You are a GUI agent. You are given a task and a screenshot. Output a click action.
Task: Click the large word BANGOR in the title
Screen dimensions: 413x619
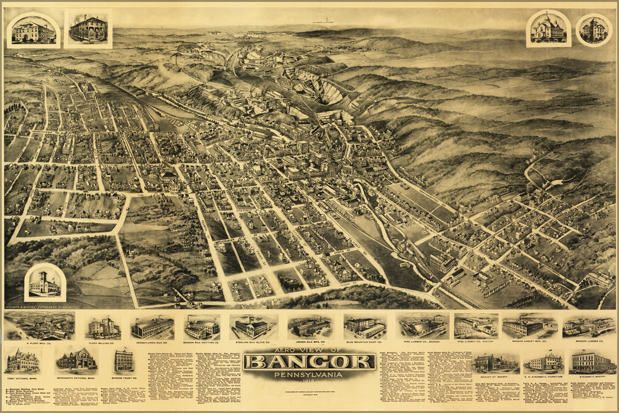309,361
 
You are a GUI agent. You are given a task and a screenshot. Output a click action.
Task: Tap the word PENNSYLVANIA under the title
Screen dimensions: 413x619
309,374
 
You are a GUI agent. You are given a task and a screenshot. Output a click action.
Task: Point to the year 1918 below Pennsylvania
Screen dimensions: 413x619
309,381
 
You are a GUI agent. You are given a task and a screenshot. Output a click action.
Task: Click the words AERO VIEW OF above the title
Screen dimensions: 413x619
309,350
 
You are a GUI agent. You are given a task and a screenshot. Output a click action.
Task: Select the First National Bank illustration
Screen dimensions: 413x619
22,360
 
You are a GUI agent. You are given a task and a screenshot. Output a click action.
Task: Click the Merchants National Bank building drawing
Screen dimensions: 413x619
76,359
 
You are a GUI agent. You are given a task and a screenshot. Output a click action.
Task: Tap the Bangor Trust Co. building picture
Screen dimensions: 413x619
124,360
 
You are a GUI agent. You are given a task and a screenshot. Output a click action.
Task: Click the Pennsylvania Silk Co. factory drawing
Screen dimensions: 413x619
152,327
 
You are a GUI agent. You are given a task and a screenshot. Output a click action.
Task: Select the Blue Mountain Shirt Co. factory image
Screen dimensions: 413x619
365,326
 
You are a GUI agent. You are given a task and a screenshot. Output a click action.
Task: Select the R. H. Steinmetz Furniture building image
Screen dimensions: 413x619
543,361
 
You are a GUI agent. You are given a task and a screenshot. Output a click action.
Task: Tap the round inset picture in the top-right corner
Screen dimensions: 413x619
594,29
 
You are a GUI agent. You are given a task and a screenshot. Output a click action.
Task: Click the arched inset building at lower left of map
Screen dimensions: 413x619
45,283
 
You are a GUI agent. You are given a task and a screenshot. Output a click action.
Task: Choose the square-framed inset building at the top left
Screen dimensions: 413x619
88,28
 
